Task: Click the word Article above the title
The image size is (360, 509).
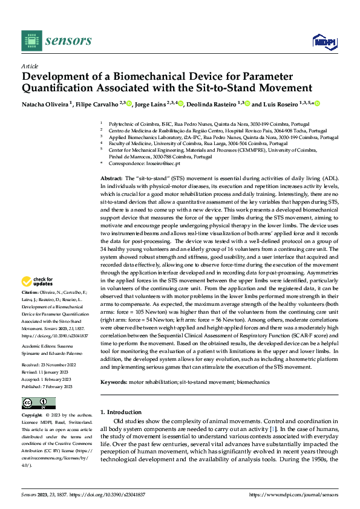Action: tap(29, 65)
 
